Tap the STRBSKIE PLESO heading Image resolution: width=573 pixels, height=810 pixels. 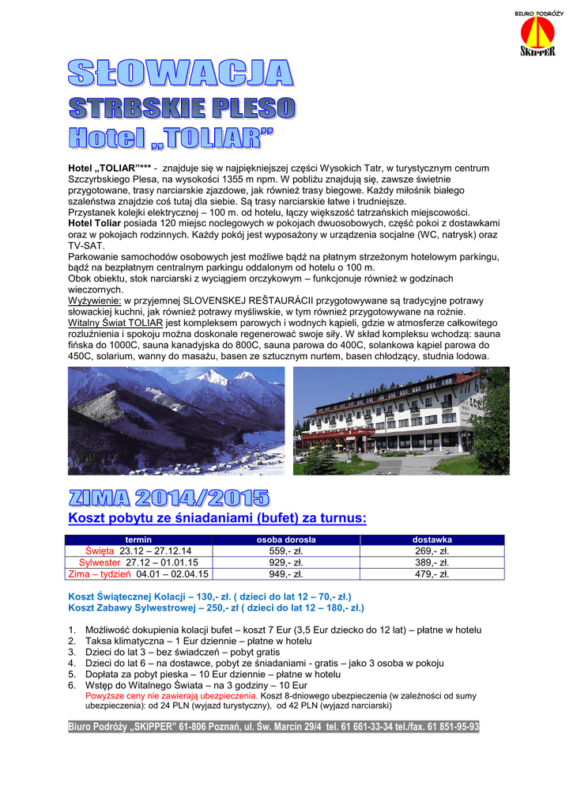182,107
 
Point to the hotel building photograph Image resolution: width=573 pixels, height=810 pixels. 401,421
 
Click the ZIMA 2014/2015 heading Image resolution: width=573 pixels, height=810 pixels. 169,498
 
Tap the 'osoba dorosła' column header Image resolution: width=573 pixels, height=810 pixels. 286,539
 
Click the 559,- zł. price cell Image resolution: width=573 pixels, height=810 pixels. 286,551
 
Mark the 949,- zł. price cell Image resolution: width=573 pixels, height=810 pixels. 286,574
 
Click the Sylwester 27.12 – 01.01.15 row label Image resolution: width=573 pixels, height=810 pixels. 139,562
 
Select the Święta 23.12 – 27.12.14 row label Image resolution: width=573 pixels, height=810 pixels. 139,551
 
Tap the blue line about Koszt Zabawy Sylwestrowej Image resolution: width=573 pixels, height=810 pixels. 216,607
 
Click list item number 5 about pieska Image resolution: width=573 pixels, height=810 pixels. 198,675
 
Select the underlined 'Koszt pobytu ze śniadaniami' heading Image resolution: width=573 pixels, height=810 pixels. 217,519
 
